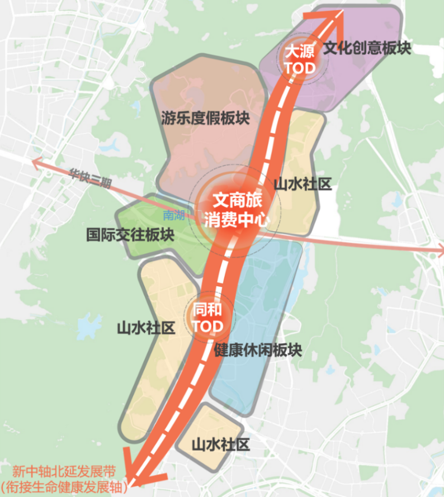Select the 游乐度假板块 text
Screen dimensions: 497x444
[x=205, y=118]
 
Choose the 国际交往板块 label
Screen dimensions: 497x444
[x=130, y=235]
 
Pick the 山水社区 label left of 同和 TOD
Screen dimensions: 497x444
[x=146, y=328]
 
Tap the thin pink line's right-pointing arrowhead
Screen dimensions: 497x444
[x=438, y=248]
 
